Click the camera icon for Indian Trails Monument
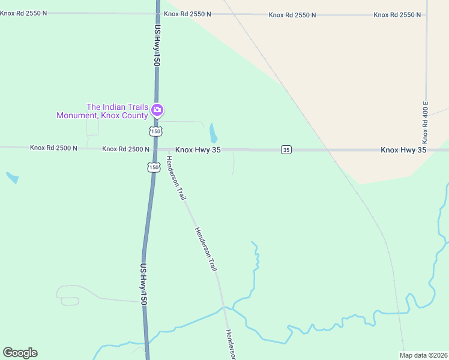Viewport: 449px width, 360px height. pyautogui.click(x=157, y=110)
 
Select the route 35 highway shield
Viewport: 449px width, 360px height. pyautogui.click(x=286, y=149)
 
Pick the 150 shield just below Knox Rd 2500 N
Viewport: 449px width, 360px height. pyautogui.click(x=154, y=167)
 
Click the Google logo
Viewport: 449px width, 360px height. pyautogui.click(x=20, y=353)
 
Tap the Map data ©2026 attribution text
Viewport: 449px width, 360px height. pyautogui.click(x=423, y=355)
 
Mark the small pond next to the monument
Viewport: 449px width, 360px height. pyautogui.click(x=214, y=133)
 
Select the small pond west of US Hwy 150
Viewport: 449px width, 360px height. pyautogui.click(x=12, y=178)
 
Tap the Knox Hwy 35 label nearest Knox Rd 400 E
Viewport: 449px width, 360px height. pyautogui.click(x=403, y=149)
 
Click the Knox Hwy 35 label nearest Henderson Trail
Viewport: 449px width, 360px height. pyautogui.click(x=198, y=149)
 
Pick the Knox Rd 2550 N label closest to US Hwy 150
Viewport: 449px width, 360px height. pyautogui.click(x=189, y=13)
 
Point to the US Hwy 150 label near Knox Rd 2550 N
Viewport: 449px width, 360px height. pyautogui.click(x=157, y=45)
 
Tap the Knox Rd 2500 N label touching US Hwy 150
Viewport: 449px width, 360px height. pyautogui.click(x=125, y=149)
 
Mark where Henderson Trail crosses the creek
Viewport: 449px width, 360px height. pyautogui.click(x=224, y=307)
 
